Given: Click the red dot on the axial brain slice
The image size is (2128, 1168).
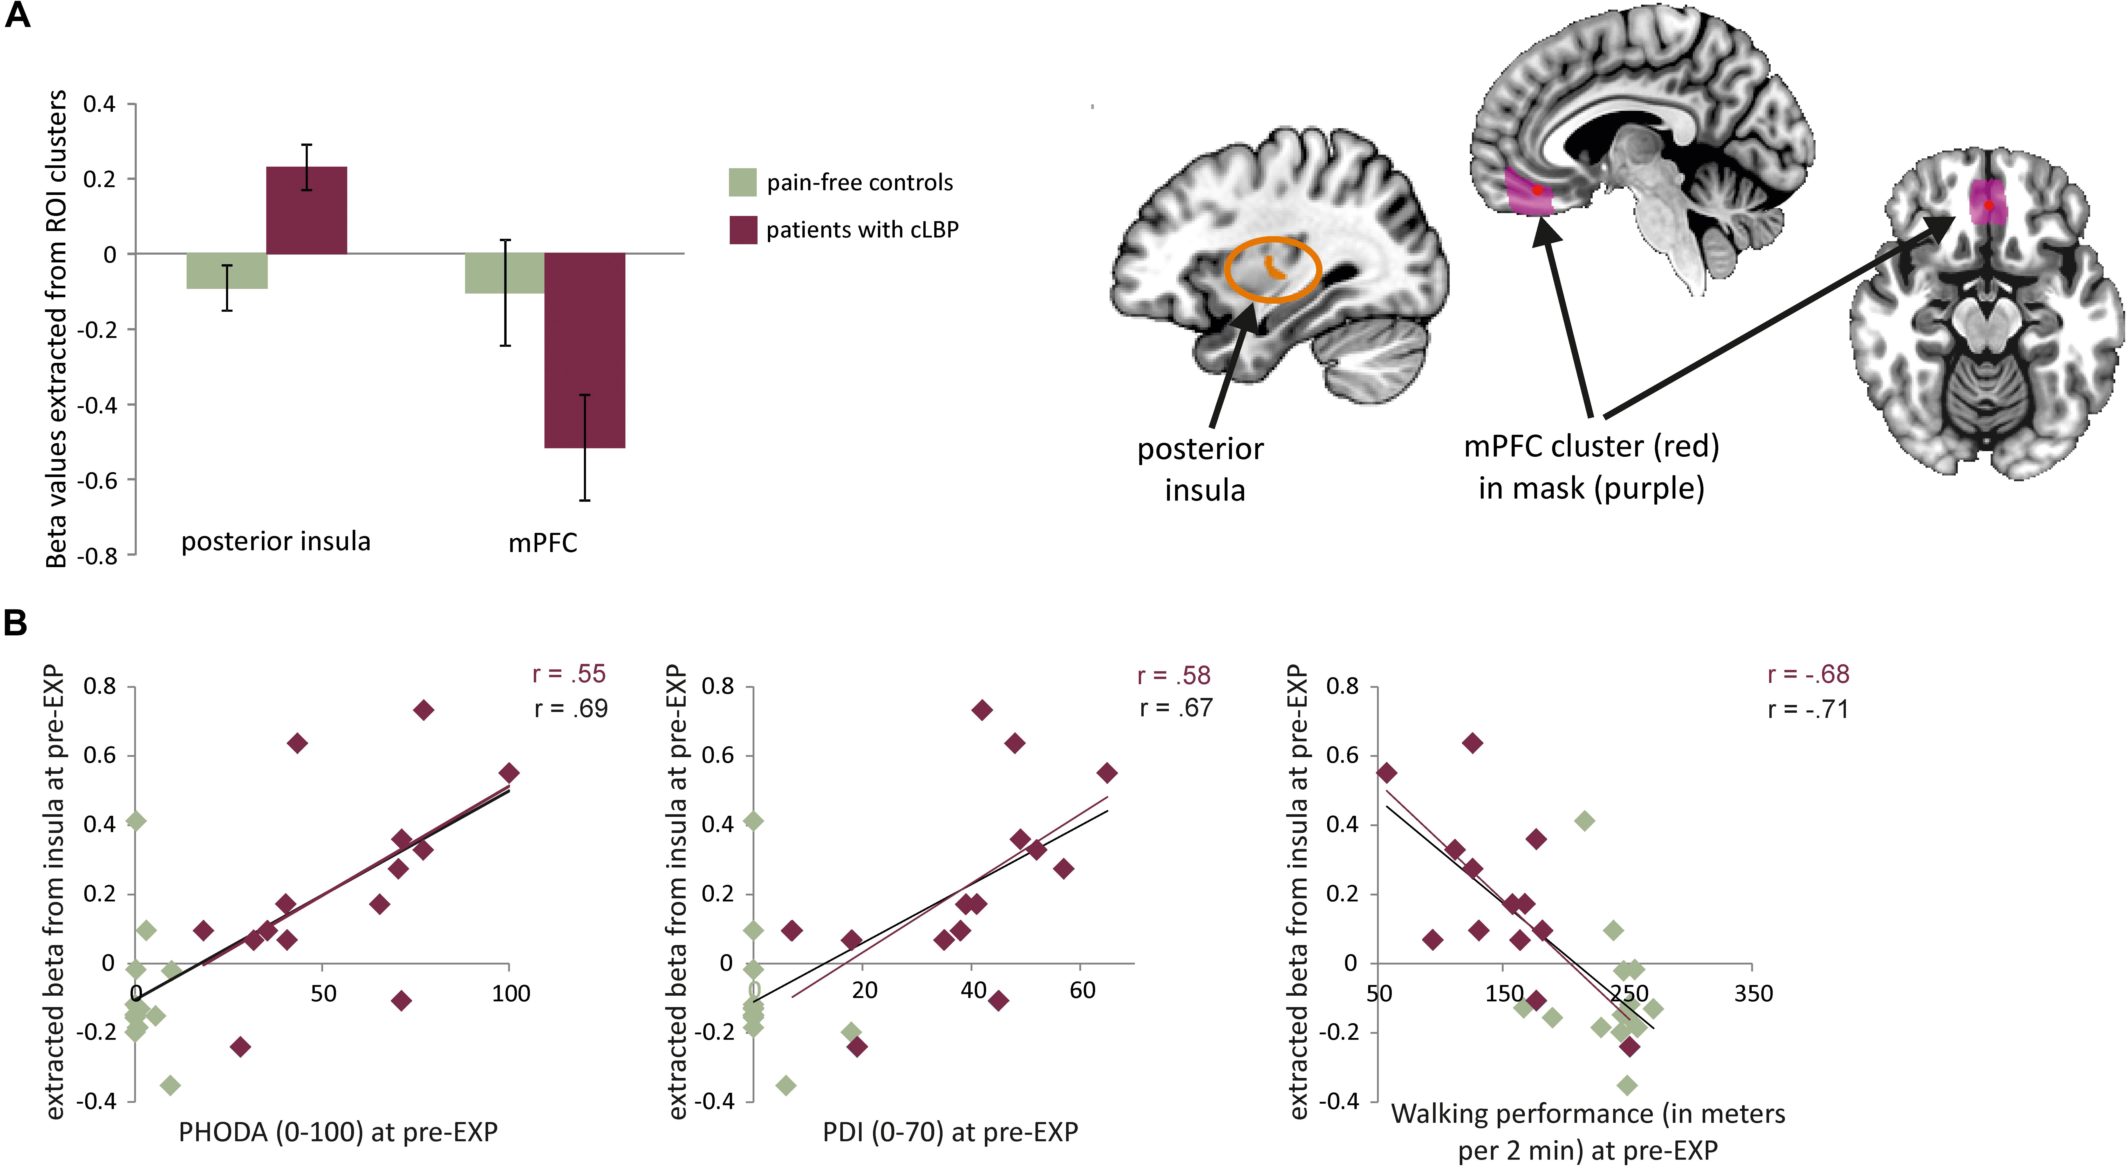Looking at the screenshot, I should point(1988,205).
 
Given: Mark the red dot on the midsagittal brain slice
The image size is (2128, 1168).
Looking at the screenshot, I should point(1537,190).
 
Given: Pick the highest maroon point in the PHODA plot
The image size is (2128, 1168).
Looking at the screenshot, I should point(423,710).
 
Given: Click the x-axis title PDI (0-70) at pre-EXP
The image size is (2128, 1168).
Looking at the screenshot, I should point(950,1132).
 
